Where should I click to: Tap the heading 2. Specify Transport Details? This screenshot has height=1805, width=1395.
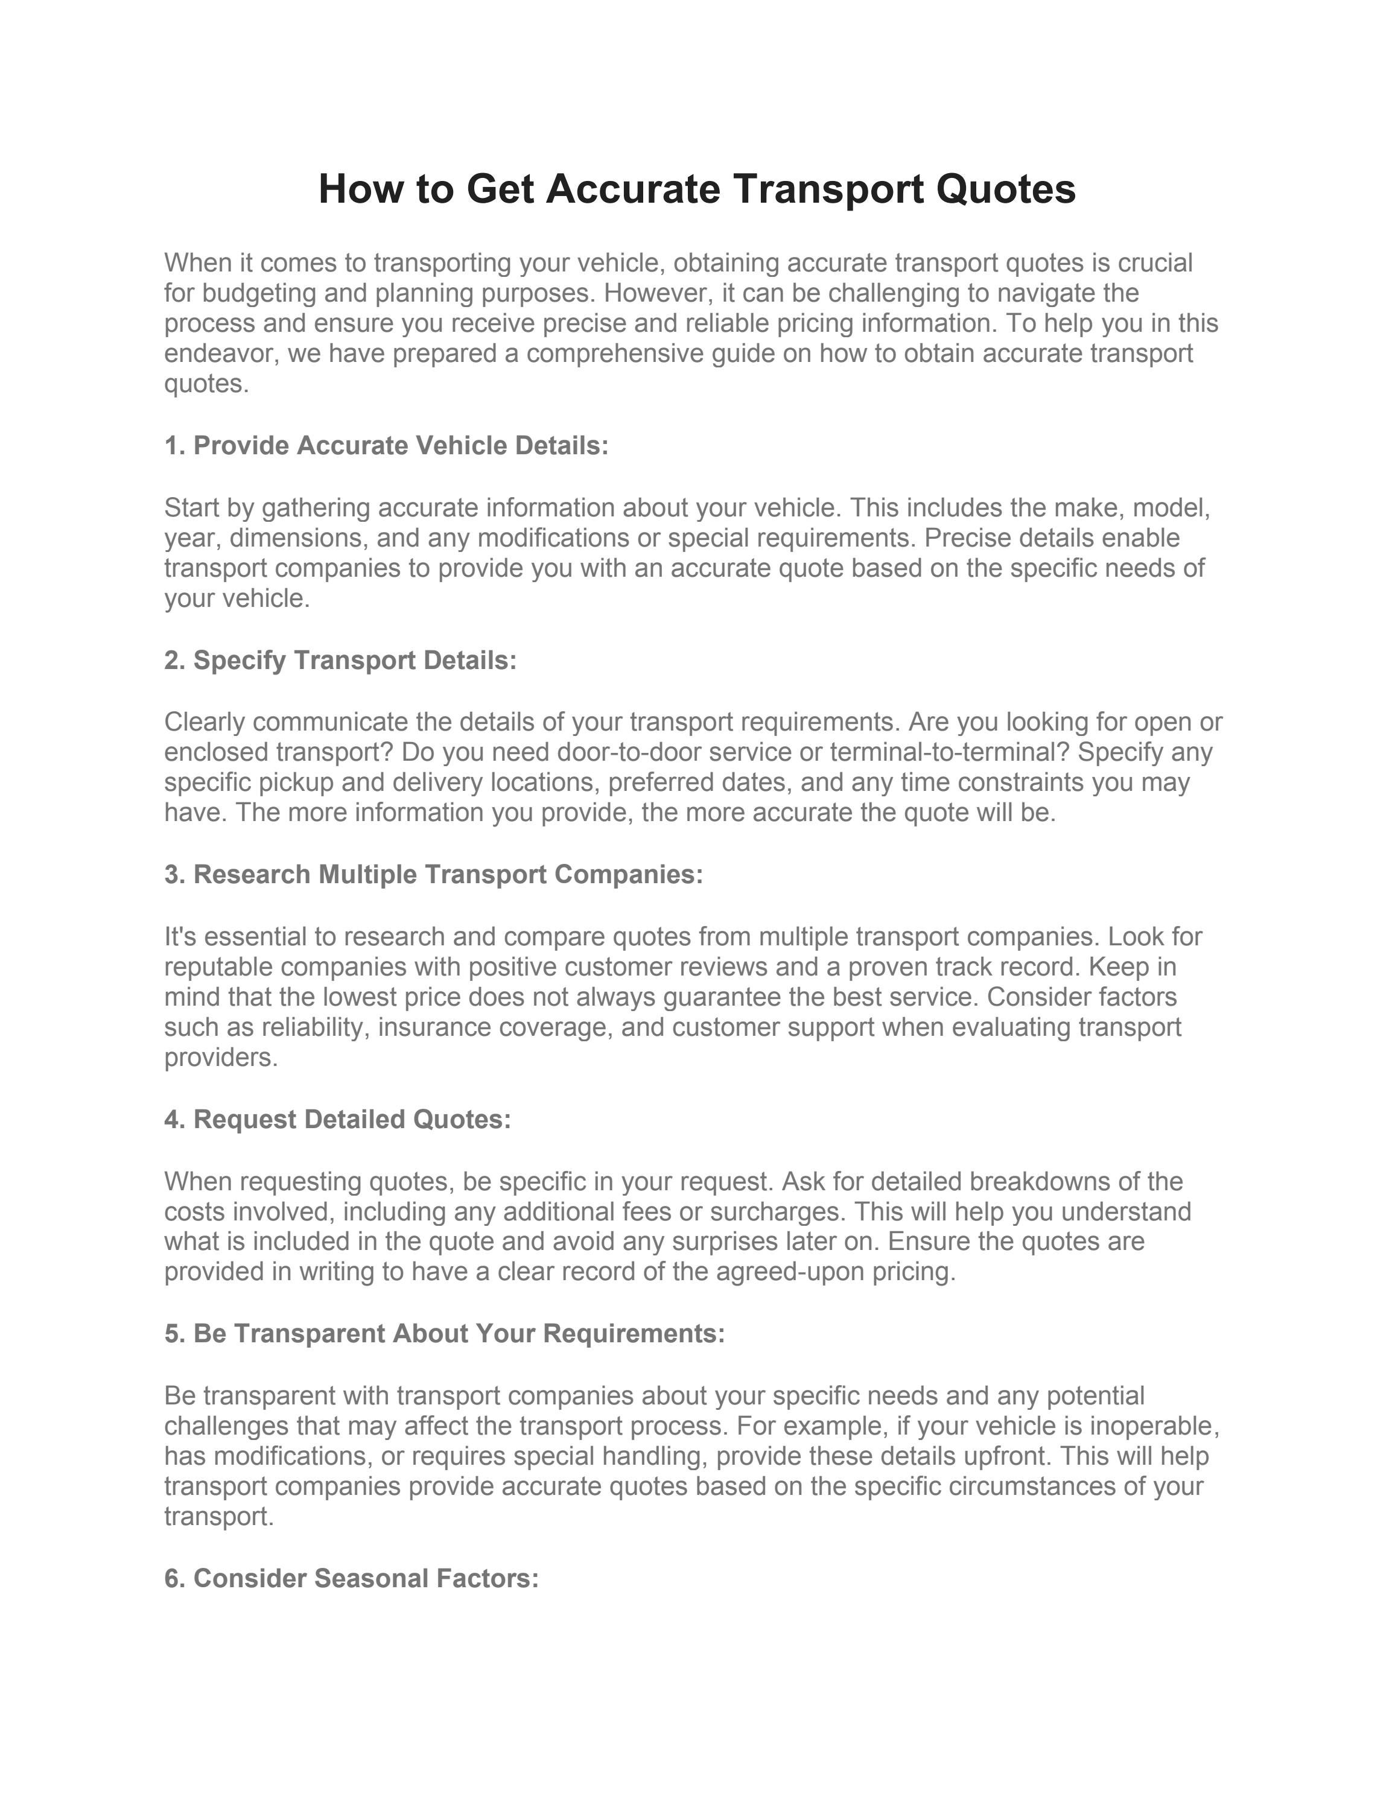coord(340,661)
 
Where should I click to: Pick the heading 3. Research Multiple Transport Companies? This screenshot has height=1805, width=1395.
coord(433,874)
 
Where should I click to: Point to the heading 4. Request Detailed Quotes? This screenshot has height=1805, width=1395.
coord(337,1119)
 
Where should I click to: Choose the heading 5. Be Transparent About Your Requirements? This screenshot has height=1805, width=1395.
coord(444,1333)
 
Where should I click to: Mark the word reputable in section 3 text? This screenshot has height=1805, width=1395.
coord(218,967)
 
